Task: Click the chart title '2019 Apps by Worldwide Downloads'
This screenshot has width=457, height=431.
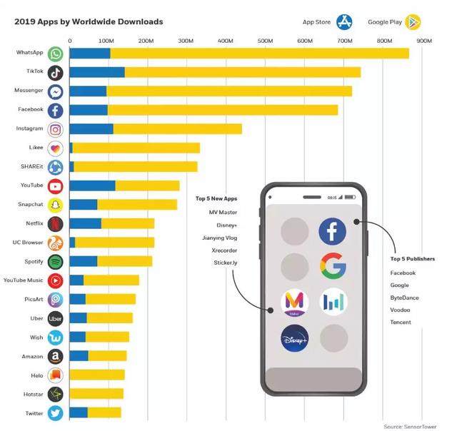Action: [89, 21]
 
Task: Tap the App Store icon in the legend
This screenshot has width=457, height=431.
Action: [345, 22]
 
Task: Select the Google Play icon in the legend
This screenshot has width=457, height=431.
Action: [413, 22]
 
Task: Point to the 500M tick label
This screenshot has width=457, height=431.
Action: [265, 41]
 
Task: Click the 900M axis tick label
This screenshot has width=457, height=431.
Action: [423, 41]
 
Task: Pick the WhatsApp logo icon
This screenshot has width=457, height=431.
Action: [56, 54]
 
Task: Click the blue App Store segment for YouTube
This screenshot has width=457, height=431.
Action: [92, 186]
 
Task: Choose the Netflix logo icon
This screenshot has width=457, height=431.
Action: [56, 223]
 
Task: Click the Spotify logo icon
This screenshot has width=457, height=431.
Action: [56, 261]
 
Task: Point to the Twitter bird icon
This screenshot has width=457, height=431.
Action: [56, 412]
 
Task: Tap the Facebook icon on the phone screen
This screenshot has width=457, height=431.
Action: [332, 231]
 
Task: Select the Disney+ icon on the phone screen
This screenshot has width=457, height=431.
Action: [294, 338]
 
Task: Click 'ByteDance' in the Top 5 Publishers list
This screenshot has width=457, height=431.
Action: [404, 298]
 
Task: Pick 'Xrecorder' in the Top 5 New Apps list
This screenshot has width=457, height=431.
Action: [224, 250]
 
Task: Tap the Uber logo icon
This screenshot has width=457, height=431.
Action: [56, 318]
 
